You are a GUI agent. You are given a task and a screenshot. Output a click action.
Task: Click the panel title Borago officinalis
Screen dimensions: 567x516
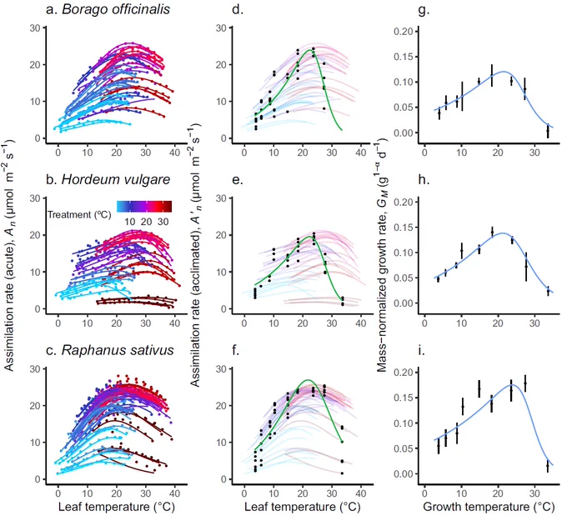tap(116, 9)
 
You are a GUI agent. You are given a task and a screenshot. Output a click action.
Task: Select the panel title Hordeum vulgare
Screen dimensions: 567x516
tap(116, 179)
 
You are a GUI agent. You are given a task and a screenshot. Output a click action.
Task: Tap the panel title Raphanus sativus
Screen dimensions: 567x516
tap(118, 350)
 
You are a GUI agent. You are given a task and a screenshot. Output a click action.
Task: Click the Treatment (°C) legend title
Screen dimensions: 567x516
tap(79, 215)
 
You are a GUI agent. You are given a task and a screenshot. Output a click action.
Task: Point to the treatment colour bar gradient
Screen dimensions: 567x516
tap(144, 206)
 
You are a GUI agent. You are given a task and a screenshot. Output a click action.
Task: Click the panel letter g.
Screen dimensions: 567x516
tap(424, 10)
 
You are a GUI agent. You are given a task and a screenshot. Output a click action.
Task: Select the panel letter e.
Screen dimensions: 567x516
tap(238, 180)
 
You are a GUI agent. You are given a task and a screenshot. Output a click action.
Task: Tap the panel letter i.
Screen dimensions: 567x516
tap(422, 350)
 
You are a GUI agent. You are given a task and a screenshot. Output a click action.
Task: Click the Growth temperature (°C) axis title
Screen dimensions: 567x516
tap(489, 507)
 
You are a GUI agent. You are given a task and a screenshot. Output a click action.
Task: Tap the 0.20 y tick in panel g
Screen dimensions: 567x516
tap(404, 32)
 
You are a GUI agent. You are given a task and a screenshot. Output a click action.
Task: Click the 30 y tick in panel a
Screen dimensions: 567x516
tap(35, 28)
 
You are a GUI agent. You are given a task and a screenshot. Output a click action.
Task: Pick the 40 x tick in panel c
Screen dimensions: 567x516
tap(174, 493)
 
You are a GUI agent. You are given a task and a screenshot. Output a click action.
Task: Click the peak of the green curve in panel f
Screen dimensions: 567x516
tap(308, 380)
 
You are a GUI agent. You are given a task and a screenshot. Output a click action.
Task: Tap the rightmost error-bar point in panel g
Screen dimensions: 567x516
tap(548, 130)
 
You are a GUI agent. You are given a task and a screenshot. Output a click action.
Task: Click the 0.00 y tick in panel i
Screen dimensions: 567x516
tap(404, 473)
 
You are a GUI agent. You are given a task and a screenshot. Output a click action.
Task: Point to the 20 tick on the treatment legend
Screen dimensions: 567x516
tap(146, 221)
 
